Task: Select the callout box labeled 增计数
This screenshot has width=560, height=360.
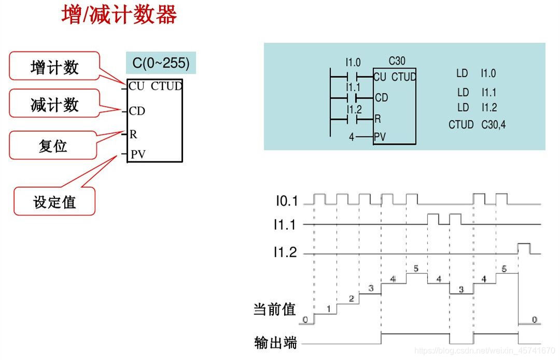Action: [x=54, y=66]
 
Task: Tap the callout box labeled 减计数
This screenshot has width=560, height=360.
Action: [x=54, y=105]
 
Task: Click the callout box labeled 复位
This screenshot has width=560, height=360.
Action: [x=53, y=145]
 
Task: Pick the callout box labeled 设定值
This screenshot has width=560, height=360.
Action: [x=54, y=202]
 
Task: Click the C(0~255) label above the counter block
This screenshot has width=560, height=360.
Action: [x=161, y=63]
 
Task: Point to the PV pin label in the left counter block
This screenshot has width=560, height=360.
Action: [x=138, y=154]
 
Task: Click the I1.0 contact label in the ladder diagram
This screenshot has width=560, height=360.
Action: [x=353, y=62]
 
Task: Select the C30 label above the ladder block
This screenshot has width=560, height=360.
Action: [x=397, y=61]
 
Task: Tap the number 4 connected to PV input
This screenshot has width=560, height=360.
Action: [x=352, y=138]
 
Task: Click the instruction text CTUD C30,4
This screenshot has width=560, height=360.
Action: [x=477, y=124]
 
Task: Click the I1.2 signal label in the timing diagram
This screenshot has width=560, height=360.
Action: [x=286, y=253]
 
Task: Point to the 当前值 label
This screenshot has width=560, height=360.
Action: [x=274, y=310]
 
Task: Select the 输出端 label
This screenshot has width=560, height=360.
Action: [x=275, y=343]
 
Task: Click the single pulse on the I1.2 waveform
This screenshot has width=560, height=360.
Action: [x=523, y=247]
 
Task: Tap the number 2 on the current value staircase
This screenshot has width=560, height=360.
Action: [x=351, y=299]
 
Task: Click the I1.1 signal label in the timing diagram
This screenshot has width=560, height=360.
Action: [x=286, y=225]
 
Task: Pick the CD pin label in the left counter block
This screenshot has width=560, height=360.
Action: [x=137, y=111]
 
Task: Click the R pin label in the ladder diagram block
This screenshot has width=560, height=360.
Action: [x=377, y=119]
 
